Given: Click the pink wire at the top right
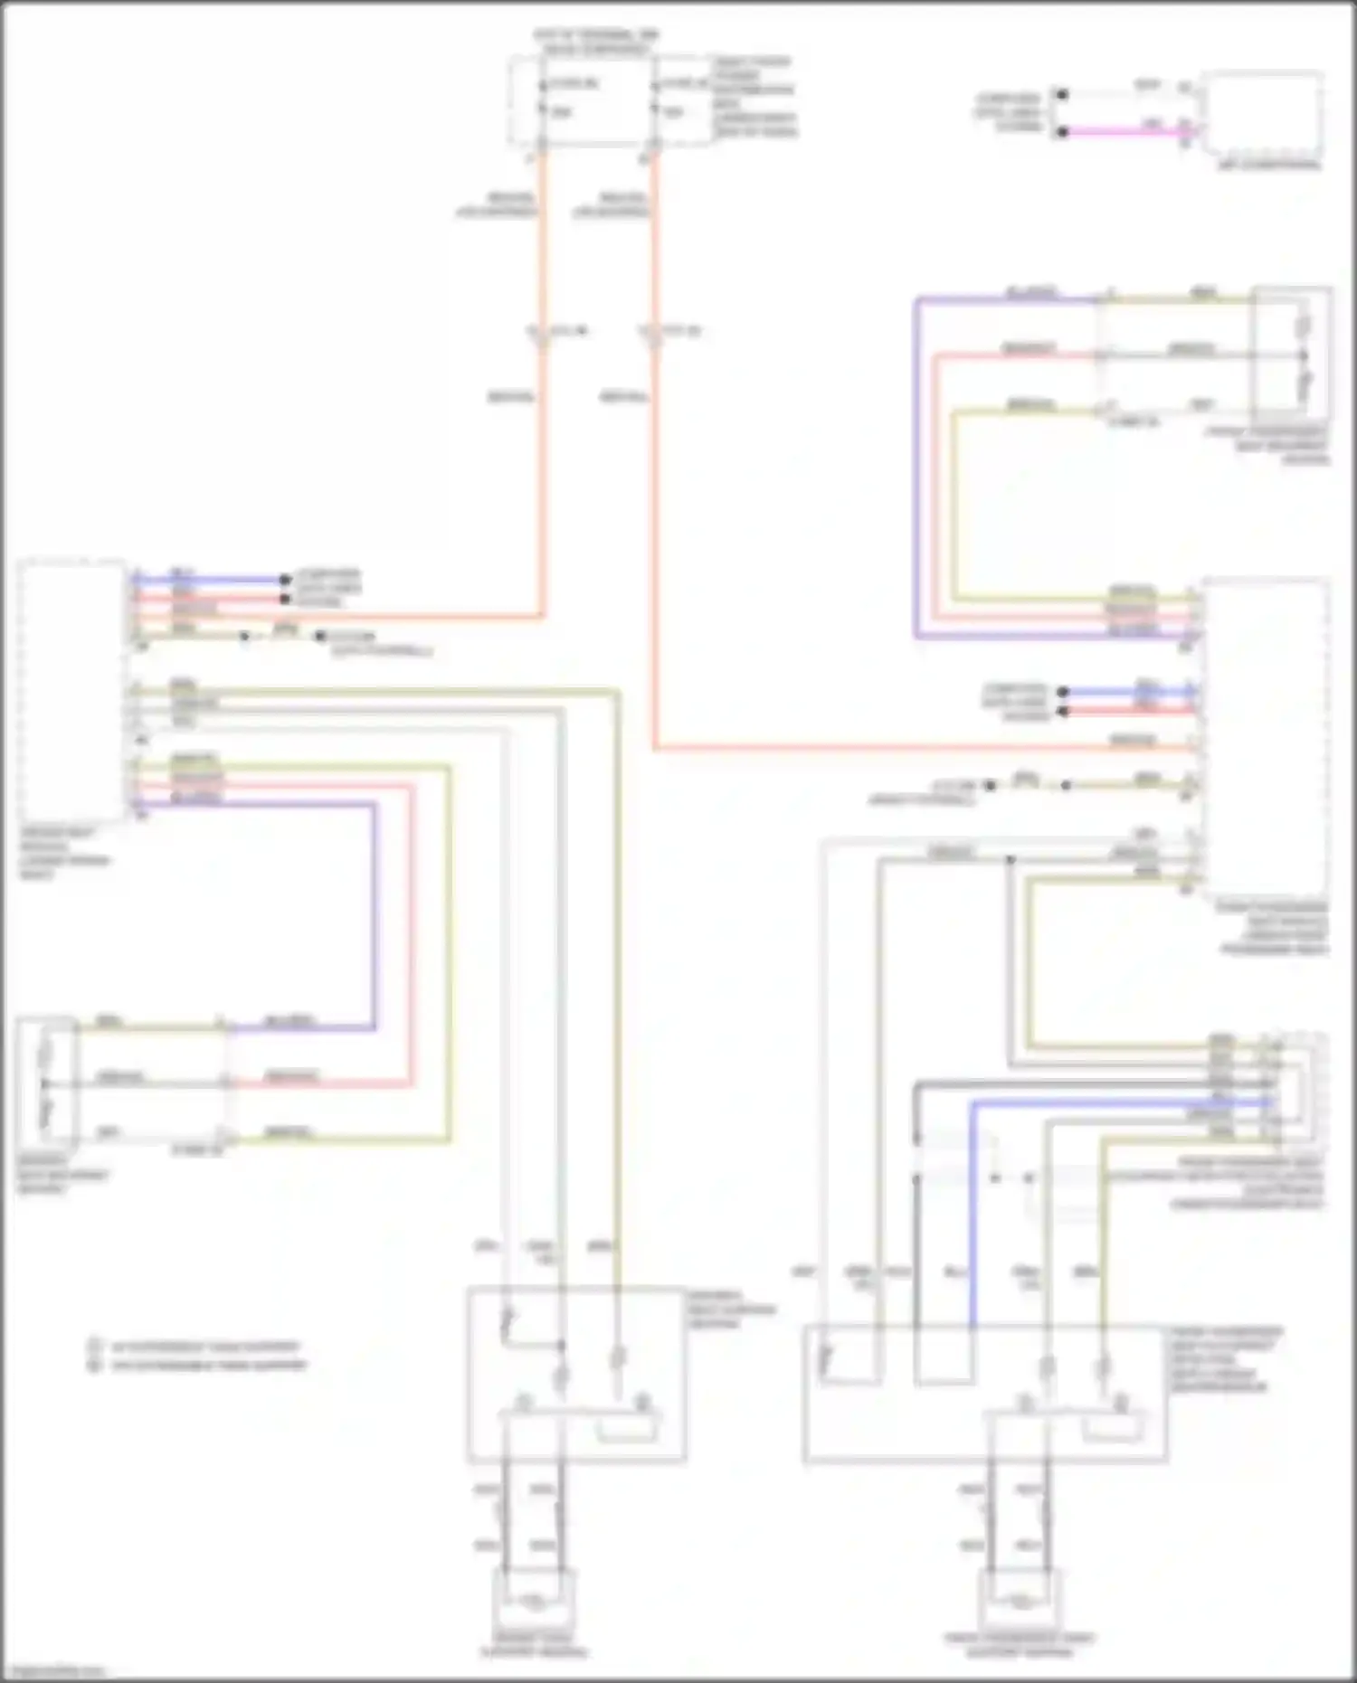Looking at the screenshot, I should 1122,132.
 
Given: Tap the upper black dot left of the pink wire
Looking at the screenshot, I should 1063,94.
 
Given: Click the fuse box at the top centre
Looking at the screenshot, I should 597,99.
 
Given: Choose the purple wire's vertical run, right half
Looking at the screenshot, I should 916,470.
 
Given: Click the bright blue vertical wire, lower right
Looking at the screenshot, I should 973,1212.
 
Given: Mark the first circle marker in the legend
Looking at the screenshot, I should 93,1346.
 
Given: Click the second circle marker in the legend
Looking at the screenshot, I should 93,1365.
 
